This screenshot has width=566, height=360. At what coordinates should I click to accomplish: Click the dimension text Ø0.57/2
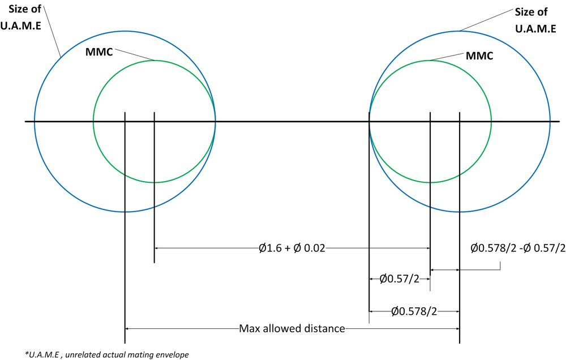click(x=399, y=278)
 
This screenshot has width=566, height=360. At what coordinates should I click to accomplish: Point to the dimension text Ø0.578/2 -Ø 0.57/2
click(x=518, y=248)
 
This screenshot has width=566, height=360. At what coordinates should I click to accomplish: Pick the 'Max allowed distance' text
click(x=291, y=328)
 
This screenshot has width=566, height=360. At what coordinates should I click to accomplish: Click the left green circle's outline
click(x=93, y=122)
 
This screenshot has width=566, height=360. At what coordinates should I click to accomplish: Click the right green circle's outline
click(x=491, y=122)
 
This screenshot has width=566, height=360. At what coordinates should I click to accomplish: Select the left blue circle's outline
click(x=35, y=122)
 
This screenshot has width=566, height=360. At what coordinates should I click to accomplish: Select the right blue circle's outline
click(x=550, y=122)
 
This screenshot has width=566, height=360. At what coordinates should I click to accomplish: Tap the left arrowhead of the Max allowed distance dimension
click(x=127, y=328)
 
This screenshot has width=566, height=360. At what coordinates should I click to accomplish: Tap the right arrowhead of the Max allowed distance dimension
click(x=456, y=328)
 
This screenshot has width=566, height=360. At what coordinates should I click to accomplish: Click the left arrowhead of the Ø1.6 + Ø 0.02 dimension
click(x=157, y=248)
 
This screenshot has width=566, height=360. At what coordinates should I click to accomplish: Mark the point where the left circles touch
click(x=215, y=121)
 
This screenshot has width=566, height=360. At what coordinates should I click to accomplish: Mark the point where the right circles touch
click(x=370, y=121)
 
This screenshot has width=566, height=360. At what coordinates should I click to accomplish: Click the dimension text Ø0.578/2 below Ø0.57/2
click(x=414, y=311)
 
